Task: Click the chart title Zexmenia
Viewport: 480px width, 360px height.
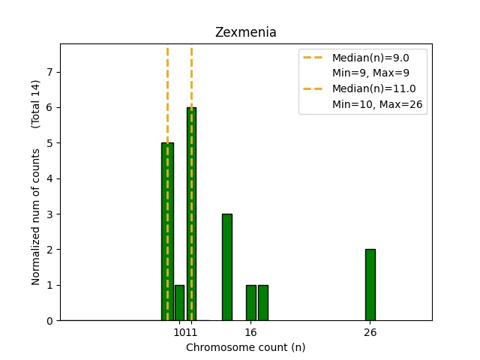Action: point(245,32)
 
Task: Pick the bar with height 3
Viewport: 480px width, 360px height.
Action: point(226,267)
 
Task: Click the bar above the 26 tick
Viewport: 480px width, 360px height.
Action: point(370,284)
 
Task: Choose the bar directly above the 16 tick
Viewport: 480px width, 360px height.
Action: point(250,302)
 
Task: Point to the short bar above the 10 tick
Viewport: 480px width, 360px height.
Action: point(179,302)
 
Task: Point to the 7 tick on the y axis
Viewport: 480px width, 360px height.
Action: point(50,72)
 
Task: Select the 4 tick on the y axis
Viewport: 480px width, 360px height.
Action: point(50,178)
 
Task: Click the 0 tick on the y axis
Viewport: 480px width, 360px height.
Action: point(50,320)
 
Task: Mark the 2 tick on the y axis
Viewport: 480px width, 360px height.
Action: point(50,250)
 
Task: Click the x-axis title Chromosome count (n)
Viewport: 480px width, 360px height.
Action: point(245,347)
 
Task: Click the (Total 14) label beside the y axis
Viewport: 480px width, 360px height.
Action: point(36,103)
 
